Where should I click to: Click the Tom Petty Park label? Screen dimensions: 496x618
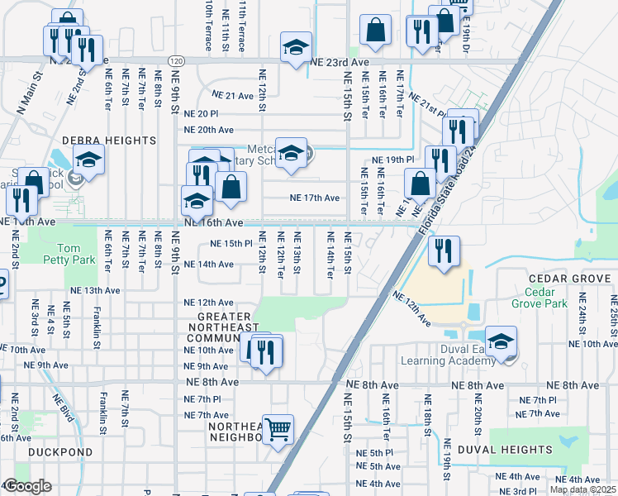pyautogui.click(x=71, y=255)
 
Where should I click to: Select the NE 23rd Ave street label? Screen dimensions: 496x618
pyautogui.click(x=339, y=61)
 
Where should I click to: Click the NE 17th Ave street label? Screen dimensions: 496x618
pyautogui.click(x=314, y=198)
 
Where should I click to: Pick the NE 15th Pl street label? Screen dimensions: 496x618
pyautogui.click(x=230, y=244)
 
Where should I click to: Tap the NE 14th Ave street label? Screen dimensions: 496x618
pyautogui.click(x=209, y=265)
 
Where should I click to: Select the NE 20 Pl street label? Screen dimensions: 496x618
pyautogui.click(x=202, y=114)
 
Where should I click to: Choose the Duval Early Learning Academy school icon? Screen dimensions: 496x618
pyautogui.click(x=501, y=342)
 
